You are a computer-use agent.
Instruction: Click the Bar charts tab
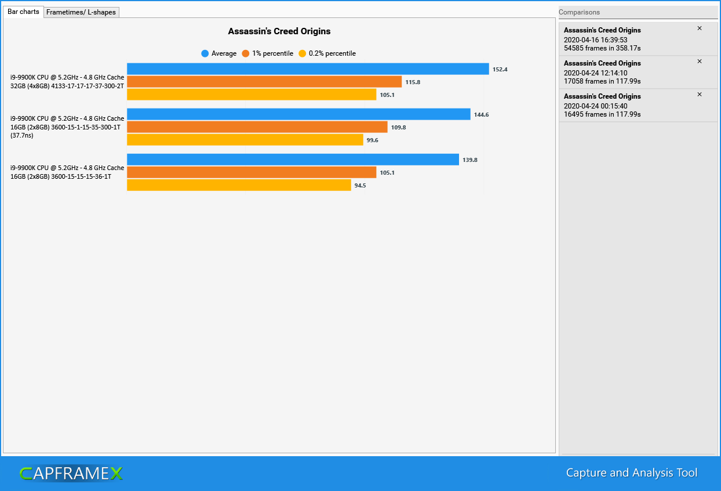coord(23,12)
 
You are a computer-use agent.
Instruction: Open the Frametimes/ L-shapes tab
coord(81,12)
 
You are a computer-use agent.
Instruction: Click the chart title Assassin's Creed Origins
coord(279,31)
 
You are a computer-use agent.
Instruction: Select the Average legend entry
coord(219,53)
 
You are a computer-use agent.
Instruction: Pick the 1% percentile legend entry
coord(268,53)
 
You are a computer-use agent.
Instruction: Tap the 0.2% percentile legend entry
coord(327,53)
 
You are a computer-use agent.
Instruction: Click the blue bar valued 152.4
coord(308,69)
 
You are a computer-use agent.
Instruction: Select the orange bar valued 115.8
coord(264,82)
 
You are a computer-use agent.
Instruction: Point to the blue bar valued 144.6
coord(298,114)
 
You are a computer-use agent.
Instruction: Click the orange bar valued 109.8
coord(257,127)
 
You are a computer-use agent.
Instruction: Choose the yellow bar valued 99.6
coord(245,140)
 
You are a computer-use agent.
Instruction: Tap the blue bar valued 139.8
coord(293,160)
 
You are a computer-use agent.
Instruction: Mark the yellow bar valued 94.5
coord(239,185)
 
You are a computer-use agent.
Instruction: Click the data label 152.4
coord(500,70)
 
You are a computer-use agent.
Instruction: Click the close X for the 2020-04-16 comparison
coord(699,28)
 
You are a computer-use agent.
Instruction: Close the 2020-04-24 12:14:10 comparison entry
coord(699,62)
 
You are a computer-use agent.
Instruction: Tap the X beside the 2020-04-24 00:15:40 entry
coord(699,95)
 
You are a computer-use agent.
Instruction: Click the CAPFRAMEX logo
coord(71,474)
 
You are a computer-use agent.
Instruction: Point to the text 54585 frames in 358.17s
coord(602,48)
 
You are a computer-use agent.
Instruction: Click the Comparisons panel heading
coord(579,12)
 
